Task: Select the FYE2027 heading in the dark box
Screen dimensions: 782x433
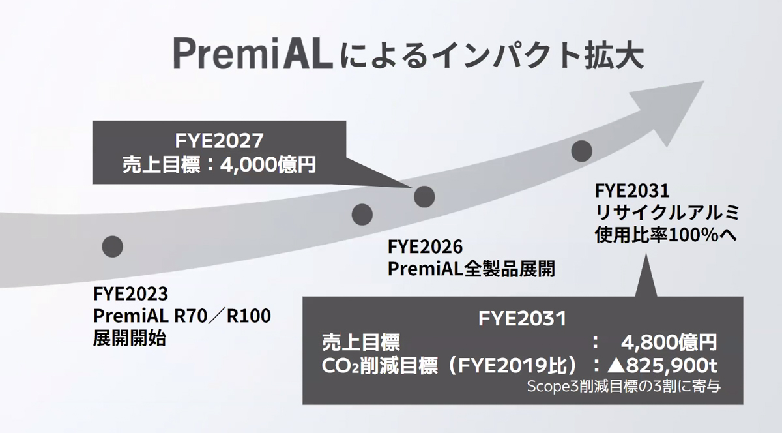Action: coord(219,141)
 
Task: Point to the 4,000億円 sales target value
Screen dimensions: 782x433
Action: coord(268,164)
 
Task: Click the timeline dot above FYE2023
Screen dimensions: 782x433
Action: coord(112,246)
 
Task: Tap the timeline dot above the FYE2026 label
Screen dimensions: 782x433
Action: coord(362,215)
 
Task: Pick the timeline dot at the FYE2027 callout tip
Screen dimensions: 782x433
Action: coord(424,197)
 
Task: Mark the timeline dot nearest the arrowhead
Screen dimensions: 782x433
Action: coord(581,151)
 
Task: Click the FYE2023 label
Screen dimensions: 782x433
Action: coord(130,294)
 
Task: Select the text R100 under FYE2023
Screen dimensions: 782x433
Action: coord(248,316)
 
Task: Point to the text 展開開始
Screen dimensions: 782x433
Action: coord(130,338)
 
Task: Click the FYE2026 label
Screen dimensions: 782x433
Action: coord(425,246)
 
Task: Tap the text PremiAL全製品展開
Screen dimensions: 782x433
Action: coord(471,269)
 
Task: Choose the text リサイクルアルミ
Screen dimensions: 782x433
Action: coord(667,213)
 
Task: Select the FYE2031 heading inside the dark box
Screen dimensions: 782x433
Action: coord(522,319)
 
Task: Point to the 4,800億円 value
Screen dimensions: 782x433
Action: coord(669,342)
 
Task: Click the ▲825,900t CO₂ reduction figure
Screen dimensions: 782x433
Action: coord(663,366)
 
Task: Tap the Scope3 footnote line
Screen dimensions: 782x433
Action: coord(624,387)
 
